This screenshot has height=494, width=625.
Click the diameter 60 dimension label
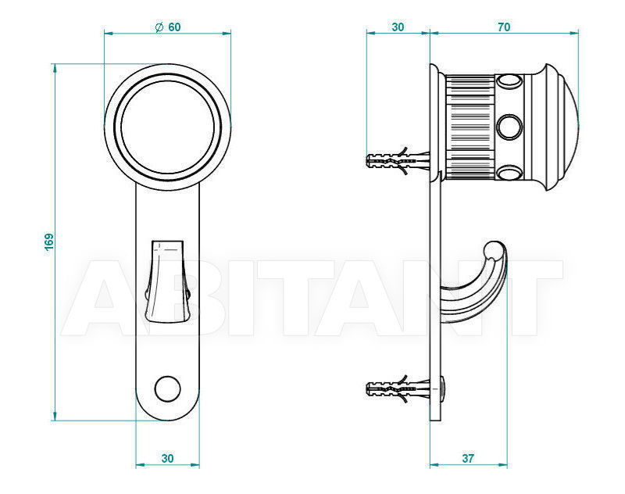click(168, 27)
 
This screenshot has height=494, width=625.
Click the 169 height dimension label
click(48, 242)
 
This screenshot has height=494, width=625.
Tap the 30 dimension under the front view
click(167, 459)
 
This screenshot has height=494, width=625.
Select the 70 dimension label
click(504, 27)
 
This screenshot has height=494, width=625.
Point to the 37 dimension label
click(468, 459)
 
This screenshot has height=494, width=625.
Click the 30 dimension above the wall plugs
click(398, 27)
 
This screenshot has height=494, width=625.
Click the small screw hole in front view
click(167, 388)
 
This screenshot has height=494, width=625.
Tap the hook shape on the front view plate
click(167, 281)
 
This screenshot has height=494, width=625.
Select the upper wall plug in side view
click(398, 160)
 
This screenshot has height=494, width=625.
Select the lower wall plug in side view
click(398, 388)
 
